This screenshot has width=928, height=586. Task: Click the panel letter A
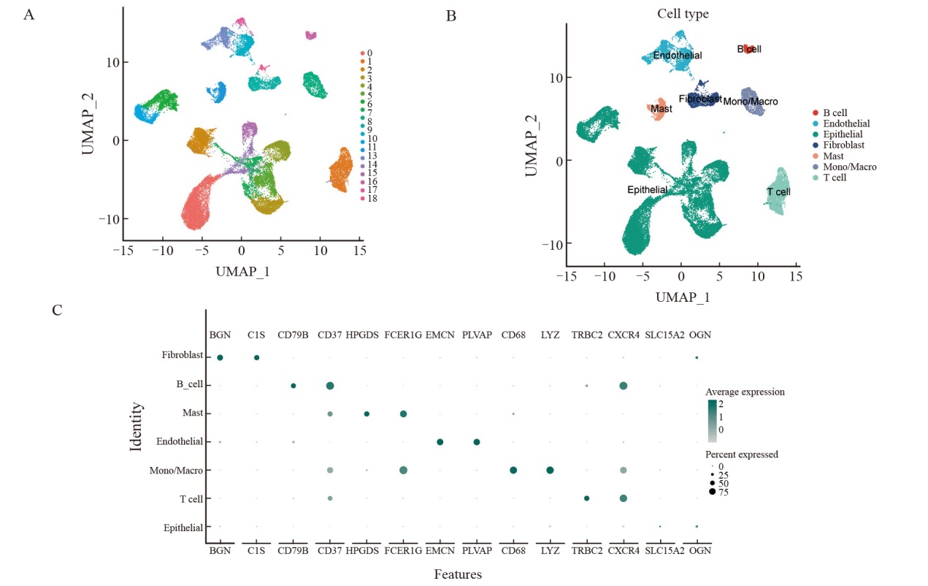coord(28,14)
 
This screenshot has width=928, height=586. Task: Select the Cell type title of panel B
coord(682,14)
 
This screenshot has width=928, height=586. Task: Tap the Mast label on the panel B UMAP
coord(662,110)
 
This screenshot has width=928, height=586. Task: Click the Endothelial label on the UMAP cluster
coord(678,56)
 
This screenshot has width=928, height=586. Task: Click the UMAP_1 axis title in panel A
coord(243,271)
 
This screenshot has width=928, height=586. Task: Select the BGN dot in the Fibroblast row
coord(220,357)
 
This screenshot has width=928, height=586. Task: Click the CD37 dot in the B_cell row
coord(330,386)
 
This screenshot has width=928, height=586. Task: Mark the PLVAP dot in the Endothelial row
coord(476,442)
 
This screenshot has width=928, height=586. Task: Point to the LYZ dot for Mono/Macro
coord(550,470)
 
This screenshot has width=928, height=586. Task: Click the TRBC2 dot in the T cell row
coord(586,498)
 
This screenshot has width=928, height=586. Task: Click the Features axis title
coord(458,574)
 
